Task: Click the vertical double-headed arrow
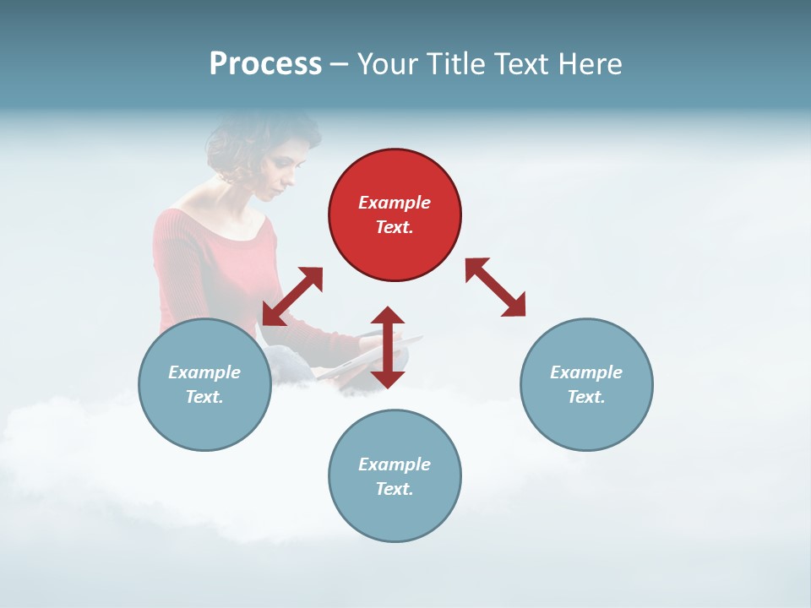(388, 347)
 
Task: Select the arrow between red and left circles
(292, 296)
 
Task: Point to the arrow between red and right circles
(495, 287)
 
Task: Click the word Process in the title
(265, 64)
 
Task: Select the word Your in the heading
(388, 64)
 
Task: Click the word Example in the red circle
(395, 203)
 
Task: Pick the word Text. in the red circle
(395, 227)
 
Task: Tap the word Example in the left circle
(204, 372)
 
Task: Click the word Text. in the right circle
(586, 397)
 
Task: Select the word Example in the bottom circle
(395, 464)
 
